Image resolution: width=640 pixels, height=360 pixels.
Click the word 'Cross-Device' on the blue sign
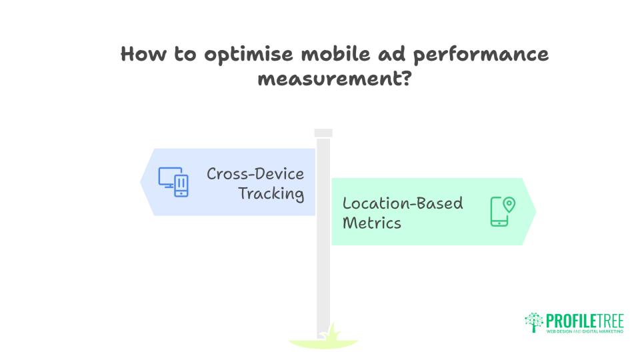[x=255, y=174]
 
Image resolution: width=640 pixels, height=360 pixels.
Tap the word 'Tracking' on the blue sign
[x=271, y=194]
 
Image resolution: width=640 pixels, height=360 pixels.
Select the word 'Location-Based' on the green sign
[x=403, y=203]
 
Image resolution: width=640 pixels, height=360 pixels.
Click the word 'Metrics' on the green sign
[x=372, y=223]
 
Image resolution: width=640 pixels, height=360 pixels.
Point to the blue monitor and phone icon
[x=173, y=181]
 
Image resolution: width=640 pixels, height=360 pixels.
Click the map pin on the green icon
[x=509, y=204]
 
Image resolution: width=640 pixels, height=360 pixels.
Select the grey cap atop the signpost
[x=323, y=133]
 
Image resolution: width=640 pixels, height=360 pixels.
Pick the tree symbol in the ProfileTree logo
[x=535, y=322]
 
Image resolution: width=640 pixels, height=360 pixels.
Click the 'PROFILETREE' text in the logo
[x=585, y=319]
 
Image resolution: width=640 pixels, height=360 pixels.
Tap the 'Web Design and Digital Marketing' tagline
[x=585, y=331]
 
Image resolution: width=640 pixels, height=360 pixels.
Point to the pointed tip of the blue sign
[x=141, y=182]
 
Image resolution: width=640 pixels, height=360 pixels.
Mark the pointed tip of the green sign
[x=535, y=211]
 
